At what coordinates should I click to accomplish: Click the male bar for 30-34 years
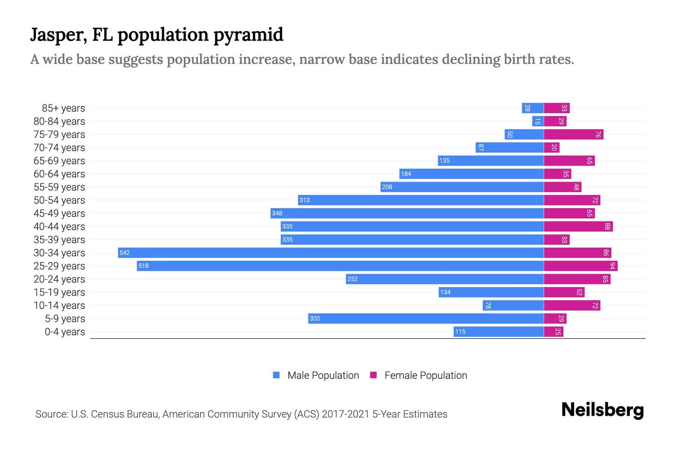330,253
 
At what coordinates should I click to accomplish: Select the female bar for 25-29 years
580,266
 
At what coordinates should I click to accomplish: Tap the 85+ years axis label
63,108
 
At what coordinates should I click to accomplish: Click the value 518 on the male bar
143,266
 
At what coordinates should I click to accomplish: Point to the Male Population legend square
276,375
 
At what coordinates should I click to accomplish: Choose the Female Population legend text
426,375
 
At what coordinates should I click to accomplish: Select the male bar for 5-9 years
426,318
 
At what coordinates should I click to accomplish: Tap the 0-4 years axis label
65,332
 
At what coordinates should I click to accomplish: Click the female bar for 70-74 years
551,147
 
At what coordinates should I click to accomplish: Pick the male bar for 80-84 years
538,121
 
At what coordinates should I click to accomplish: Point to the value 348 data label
277,213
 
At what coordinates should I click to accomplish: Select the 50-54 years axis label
59,200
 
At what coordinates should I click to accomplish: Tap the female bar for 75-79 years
573,134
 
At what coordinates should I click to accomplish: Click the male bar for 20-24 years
445,279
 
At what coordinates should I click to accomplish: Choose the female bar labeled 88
578,226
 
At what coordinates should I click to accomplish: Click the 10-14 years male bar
513,305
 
